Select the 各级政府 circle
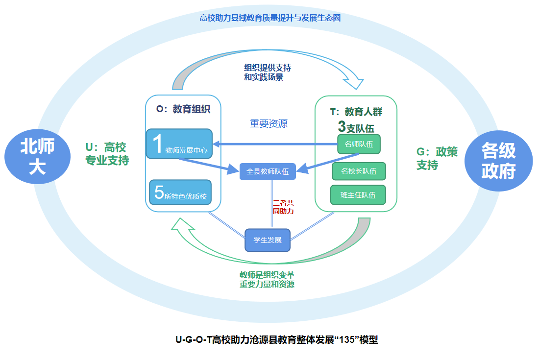pyautogui.click(x=498, y=161)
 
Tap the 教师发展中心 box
pyautogui.click(x=179, y=144)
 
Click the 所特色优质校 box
pyautogui.click(x=180, y=193)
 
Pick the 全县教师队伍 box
pyautogui.click(x=268, y=171)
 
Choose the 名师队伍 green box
pyautogui.click(x=359, y=144)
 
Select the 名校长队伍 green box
pyautogui.click(x=359, y=171)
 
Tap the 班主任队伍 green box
pyautogui.click(x=358, y=195)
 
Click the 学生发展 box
pyautogui.click(x=268, y=240)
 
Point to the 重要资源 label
pyautogui.click(x=269, y=124)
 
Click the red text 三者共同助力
pyautogui.click(x=283, y=207)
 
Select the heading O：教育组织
pyautogui.click(x=183, y=110)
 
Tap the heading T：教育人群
pyautogui.click(x=356, y=112)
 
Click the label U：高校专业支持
pyautogui.click(x=107, y=154)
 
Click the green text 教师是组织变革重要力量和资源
pyautogui.click(x=267, y=279)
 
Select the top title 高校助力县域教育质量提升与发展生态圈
pyautogui.click(x=270, y=18)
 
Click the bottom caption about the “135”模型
pyautogui.click(x=277, y=339)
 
